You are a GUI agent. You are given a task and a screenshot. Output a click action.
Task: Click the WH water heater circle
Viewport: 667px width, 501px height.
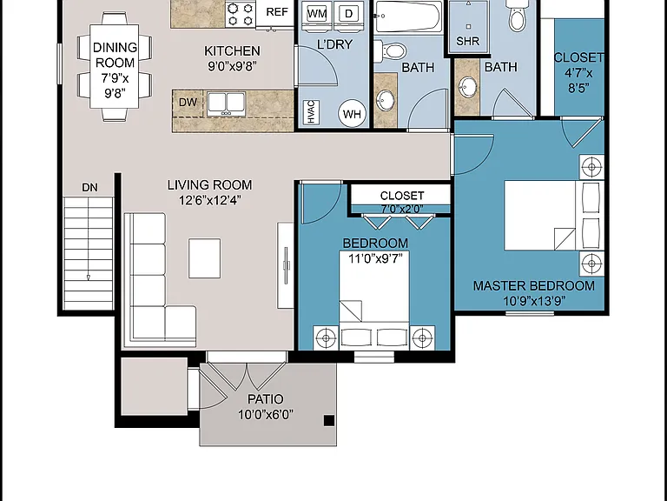click(352, 114)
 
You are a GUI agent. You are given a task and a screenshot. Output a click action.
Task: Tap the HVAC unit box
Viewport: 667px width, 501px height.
click(311, 112)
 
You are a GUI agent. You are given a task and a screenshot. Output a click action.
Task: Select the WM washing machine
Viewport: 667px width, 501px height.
click(317, 15)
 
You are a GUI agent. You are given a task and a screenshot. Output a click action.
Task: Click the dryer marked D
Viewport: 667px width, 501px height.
click(348, 15)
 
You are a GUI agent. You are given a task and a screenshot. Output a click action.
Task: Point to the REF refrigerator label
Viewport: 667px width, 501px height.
click(277, 12)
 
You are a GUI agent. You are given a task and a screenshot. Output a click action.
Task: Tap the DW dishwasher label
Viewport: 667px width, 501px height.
click(188, 103)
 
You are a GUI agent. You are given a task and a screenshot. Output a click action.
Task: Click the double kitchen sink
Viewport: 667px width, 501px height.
click(227, 104)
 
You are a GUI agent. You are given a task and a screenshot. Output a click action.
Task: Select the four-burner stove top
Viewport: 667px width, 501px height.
click(241, 14)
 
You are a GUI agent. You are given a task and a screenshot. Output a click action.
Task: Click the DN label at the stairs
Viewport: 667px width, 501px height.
click(89, 188)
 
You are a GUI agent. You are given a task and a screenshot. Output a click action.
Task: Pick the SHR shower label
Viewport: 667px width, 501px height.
click(467, 42)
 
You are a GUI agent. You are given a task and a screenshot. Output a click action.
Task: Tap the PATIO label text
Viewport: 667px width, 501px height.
click(265, 399)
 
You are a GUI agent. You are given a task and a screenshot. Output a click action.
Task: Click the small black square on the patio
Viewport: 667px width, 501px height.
click(329, 420)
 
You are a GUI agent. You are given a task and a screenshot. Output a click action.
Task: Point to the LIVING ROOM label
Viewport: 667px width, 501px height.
click(209, 185)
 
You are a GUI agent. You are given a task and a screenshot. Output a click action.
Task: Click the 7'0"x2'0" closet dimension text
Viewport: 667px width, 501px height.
click(402, 209)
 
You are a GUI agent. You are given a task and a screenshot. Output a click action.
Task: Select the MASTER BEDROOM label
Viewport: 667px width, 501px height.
click(534, 285)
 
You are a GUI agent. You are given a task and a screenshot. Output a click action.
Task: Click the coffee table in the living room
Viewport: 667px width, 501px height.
click(205, 258)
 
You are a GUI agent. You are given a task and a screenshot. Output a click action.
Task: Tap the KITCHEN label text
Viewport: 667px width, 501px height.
click(232, 51)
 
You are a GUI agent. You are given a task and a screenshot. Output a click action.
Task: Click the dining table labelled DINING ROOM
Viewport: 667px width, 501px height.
click(115, 66)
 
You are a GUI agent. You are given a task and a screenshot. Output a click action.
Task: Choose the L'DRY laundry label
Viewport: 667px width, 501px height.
click(334, 44)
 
